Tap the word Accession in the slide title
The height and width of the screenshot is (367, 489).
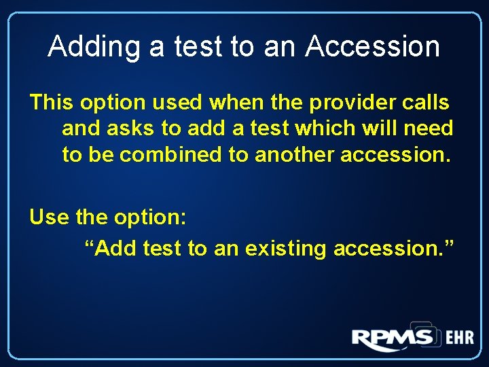coord(373,46)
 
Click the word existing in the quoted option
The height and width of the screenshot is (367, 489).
coord(286,249)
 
